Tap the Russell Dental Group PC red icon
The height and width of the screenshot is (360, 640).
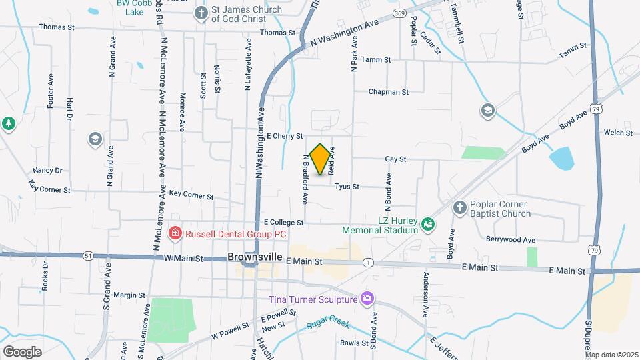tap(175, 233)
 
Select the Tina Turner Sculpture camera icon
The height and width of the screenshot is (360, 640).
tap(366, 298)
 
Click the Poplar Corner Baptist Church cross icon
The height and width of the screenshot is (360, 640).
tap(459, 209)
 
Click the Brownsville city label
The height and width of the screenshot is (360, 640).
tap(255, 257)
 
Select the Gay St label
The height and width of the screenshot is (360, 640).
tap(395, 159)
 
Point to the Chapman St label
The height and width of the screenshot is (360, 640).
tap(388, 92)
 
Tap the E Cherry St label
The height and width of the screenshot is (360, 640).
tap(285, 136)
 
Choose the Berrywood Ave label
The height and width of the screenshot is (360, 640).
tap(511, 239)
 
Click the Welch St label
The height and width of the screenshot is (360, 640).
tap(618, 133)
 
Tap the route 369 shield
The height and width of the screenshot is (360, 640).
tap(399, 13)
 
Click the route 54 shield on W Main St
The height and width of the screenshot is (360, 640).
tap(88, 255)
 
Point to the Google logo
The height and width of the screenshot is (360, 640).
tap(22, 351)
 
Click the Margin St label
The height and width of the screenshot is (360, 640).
tap(129, 295)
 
